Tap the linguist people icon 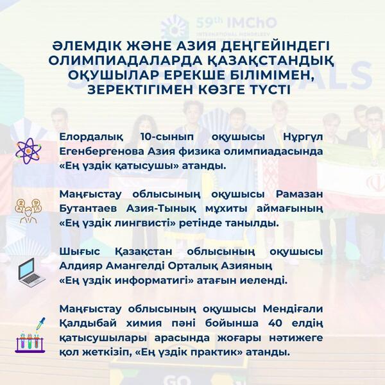[28, 209]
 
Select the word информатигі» [136, 280]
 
